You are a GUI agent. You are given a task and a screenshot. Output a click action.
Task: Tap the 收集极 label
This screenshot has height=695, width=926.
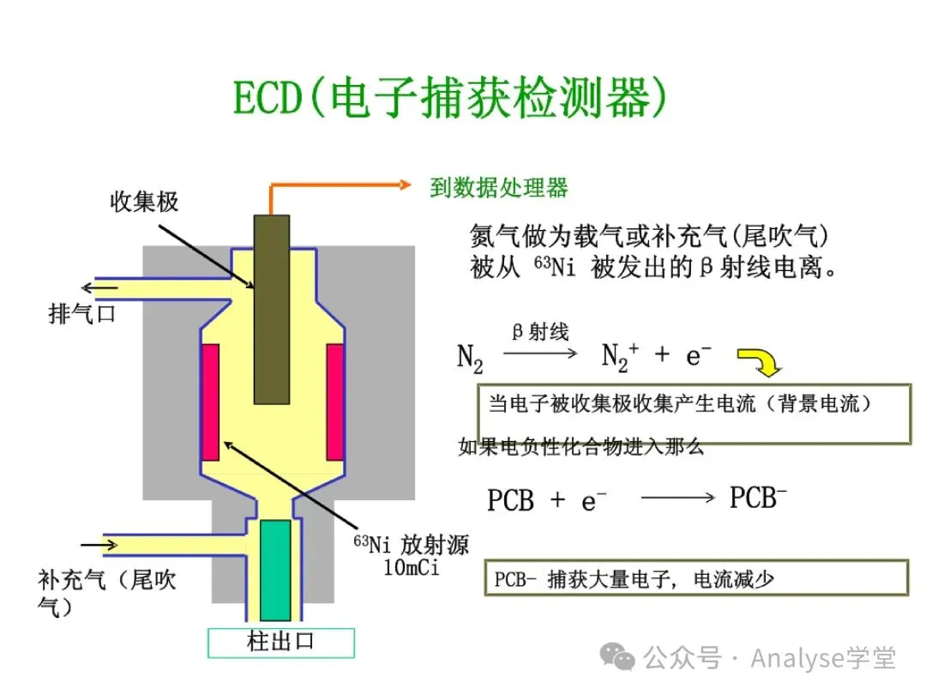145,202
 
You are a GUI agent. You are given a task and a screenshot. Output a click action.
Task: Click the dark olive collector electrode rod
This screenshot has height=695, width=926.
271,309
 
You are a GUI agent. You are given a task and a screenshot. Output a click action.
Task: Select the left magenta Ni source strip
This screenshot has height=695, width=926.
210,402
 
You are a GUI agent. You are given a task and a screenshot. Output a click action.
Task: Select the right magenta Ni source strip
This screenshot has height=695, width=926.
335,402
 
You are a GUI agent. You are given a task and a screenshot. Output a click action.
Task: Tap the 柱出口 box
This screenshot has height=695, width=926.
281,643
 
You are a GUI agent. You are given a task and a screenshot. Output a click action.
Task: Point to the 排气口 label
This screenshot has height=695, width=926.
81,315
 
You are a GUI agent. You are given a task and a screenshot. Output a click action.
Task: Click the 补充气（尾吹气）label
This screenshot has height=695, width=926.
107,592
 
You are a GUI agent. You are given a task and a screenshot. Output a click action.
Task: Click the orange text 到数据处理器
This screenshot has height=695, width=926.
499,188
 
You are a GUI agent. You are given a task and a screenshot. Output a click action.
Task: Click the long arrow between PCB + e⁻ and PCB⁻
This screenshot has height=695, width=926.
677,498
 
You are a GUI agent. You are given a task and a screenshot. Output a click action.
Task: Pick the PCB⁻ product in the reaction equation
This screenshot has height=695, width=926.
758,498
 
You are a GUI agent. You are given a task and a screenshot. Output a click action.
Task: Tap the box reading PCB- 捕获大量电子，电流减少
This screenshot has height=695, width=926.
695,578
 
